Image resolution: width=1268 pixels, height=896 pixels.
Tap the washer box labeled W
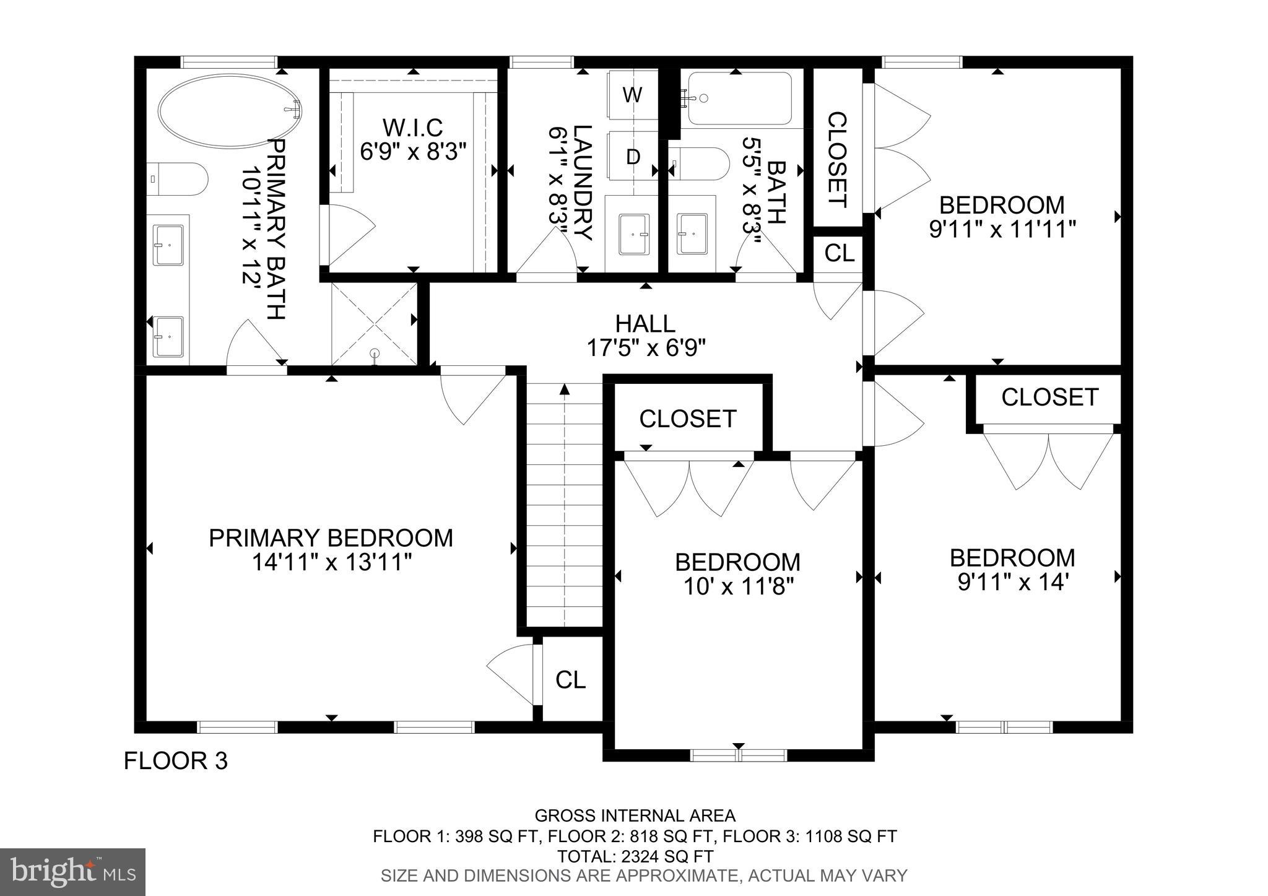pyautogui.click(x=632, y=95)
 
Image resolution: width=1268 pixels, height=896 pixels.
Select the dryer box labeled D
pyautogui.click(x=632, y=157)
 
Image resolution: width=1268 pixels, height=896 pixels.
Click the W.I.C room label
pyautogui.click(x=412, y=128)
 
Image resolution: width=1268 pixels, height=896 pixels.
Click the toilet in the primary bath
pyautogui.click(x=176, y=179)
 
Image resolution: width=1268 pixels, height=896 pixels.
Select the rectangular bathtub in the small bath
pyautogui.click(x=739, y=98)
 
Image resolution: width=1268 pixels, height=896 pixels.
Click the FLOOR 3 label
pyautogui.click(x=176, y=760)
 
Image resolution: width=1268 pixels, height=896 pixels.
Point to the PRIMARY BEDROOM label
pyautogui.click(x=331, y=537)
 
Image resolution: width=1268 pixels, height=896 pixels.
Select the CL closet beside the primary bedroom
pyautogui.click(x=570, y=679)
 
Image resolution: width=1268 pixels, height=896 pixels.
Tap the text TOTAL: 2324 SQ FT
pyautogui.click(x=635, y=856)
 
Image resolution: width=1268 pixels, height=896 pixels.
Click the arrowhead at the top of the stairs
pyautogui.click(x=564, y=389)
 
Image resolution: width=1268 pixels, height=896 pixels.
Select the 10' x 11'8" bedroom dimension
pyautogui.click(x=737, y=586)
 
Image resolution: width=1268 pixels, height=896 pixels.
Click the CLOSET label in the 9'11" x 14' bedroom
pyautogui.click(x=1049, y=397)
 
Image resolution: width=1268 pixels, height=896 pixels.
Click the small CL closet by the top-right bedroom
pyautogui.click(x=840, y=253)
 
